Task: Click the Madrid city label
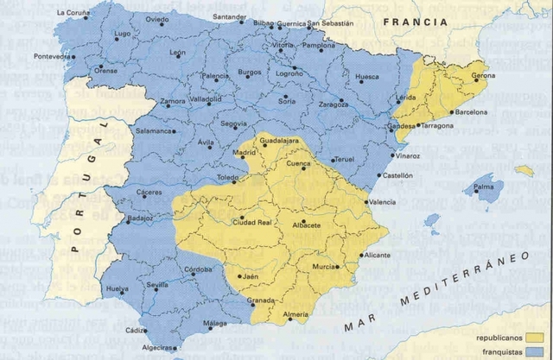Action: coord(220,153)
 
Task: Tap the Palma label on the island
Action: coord(483,186)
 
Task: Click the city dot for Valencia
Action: coord(365,202)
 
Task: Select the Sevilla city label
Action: coord(157,284)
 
